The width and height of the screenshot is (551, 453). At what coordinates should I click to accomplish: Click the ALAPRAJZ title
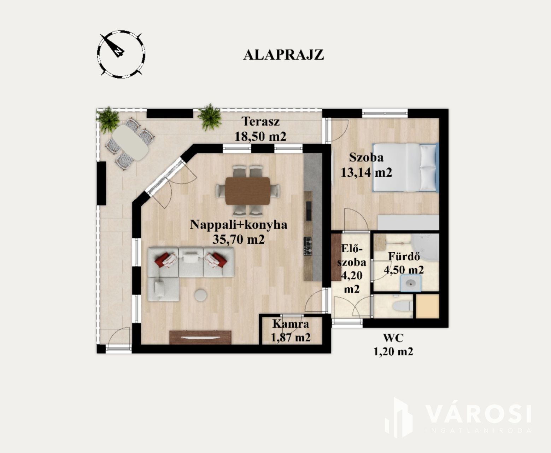pos(283,55)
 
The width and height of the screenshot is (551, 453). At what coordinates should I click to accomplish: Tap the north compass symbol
pos(121,55)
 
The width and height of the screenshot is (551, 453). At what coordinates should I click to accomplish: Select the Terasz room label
pos(260,121)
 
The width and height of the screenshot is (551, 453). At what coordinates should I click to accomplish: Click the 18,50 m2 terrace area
pos(260,136)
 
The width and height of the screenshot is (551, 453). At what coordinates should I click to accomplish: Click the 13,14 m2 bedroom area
pos(366,173)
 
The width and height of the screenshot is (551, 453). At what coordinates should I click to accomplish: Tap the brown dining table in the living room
pos(248,191)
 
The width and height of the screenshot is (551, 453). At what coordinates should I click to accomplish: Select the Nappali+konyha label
pos(238,225)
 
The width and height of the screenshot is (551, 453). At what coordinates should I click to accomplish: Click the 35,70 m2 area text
pos(238,239)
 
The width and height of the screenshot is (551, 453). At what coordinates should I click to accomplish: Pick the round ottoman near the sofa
pos(201,295)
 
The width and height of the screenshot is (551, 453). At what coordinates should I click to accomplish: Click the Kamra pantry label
pos(291,324)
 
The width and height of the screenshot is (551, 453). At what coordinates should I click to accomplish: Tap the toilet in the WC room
pos(402,305)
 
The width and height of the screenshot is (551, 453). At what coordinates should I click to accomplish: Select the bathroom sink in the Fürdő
pos(411,283)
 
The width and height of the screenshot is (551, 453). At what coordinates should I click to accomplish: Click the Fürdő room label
pos(404,256)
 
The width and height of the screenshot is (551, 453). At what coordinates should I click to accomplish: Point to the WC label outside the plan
pos(393,338)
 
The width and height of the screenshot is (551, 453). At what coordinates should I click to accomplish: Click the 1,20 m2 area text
pos(393,352)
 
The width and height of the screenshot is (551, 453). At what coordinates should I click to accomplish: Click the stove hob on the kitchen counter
pos(308,246)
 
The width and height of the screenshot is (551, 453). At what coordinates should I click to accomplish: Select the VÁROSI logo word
pos(478,414)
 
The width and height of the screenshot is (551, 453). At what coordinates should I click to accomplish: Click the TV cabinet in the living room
pos(200,337)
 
